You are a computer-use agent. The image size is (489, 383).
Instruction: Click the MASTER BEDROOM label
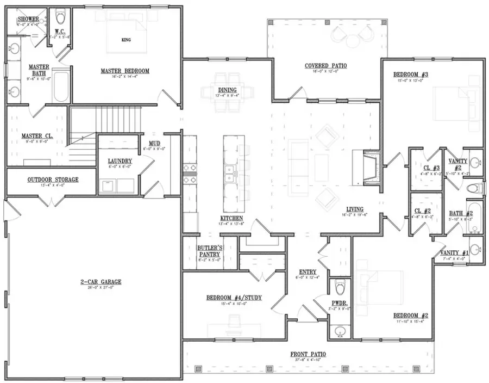[125, 71]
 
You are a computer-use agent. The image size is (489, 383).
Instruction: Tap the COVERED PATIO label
[325, 66]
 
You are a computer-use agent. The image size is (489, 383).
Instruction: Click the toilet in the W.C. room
[61, 14]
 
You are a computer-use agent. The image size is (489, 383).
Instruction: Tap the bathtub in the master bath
[61, 87]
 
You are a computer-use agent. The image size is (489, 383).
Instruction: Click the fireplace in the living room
[370, 169]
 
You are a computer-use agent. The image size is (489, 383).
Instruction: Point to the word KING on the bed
[126, 40]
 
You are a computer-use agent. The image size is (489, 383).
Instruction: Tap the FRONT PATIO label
[308, 354]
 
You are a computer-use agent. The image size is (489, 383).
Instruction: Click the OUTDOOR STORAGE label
[53, 180]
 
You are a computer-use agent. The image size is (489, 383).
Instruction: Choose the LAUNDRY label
[116, 161]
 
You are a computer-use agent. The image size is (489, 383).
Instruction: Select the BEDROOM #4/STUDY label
[232, 298]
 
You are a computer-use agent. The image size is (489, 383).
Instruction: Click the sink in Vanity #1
[475, 250]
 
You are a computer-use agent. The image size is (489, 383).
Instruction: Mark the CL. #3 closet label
[426, 168]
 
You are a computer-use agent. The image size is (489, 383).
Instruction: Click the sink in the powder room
[341, 330]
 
